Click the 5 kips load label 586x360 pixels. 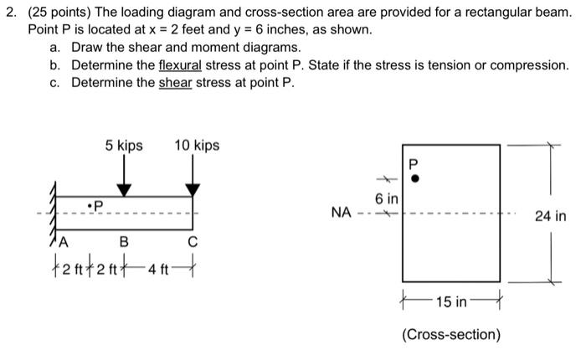pyautogui.click(x=124, y=146)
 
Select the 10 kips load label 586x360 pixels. pyautogui.click(x=197, y=146)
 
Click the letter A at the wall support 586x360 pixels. pyautogui.click(x=61, y=242)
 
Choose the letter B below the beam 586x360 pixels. pyautogui.click(x=124, y=243)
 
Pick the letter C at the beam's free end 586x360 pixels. pyautogui.click(x=193, y=243)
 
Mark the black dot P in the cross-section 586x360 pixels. pyautogui.click(x=413, y=178)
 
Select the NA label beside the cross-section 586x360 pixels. pyautogui.click(x=341, y=213)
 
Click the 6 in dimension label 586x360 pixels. pyautogui.click(x=387, y=199)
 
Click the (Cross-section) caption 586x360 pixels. pyautogui.click(x=451, y=335)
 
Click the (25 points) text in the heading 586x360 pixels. pyautogui.click(x=61, y=12)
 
